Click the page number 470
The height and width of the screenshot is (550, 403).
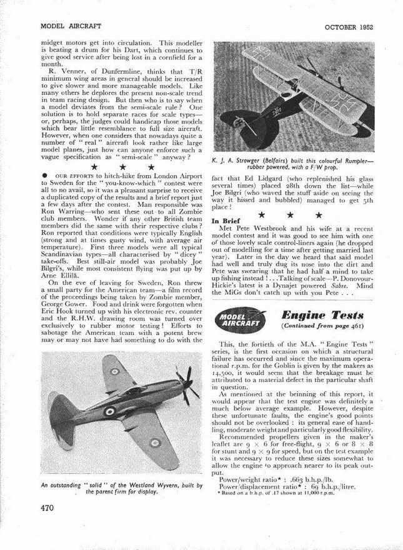tap(49, 508)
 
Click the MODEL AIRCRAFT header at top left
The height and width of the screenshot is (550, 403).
tap(70, 27)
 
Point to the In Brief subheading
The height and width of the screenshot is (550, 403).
tap(227, 238)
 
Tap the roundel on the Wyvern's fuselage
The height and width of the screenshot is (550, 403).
tap(110, 411)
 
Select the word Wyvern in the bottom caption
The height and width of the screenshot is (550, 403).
tap(152, 485)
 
